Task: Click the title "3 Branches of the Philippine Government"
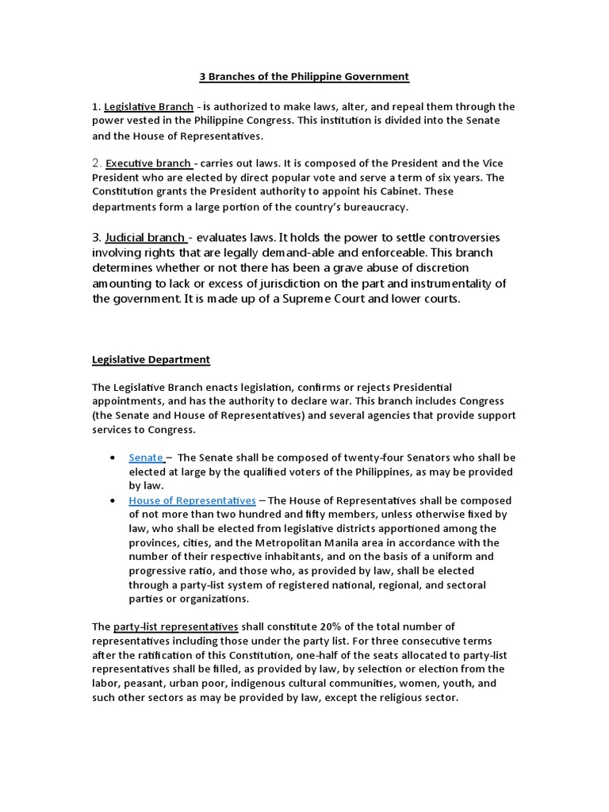[x=304, y=77]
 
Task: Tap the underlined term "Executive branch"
[x=148, y=163]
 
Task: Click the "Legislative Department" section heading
[x=151, y=359]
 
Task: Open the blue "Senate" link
[x=146, y=458]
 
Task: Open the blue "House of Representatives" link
[x=192, y=500]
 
